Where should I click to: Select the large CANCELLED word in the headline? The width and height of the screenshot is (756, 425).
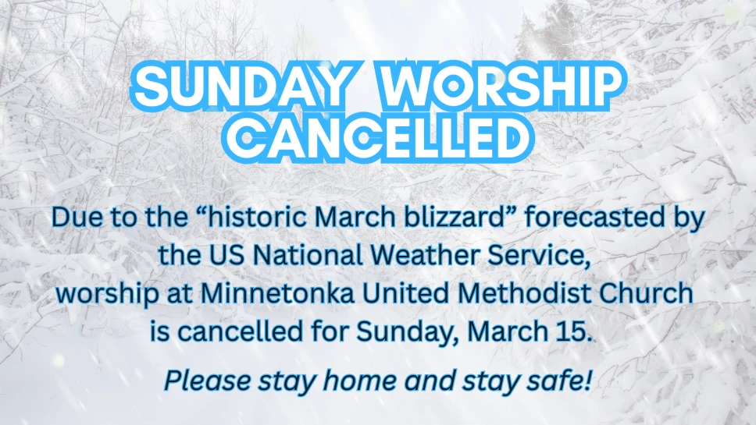(379, 137)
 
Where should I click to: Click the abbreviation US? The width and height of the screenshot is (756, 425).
(227, 255)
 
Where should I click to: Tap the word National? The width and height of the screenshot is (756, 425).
(307, 255)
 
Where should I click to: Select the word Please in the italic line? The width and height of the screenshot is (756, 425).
(207, 381)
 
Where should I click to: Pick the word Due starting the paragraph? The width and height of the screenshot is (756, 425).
(76, 217)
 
